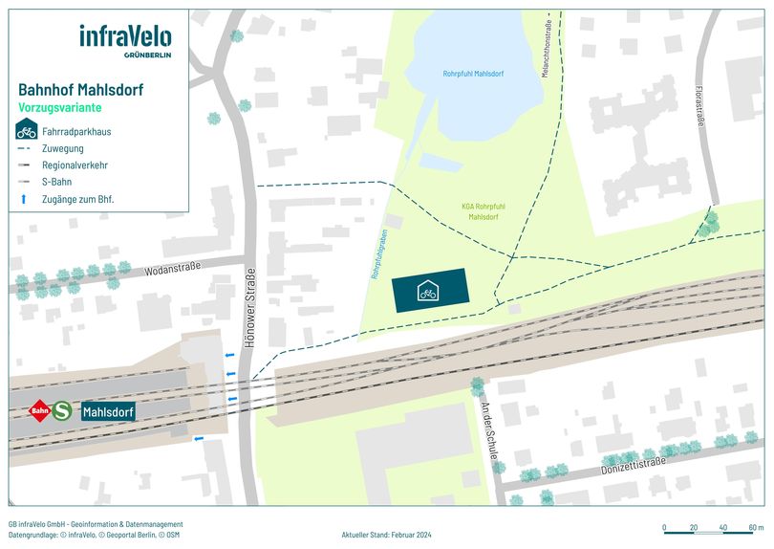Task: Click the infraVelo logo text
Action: [x=125, y=37]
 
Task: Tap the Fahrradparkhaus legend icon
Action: [x=27, y=131]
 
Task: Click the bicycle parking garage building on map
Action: [x=429, y=291]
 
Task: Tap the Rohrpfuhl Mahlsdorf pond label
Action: [x=473, y=74]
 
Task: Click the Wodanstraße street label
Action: [x=173, y=269]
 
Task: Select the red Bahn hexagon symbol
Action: [x=40, y=411]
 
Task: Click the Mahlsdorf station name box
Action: [x=107, y=411]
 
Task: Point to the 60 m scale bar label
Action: [x=756, y=528]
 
